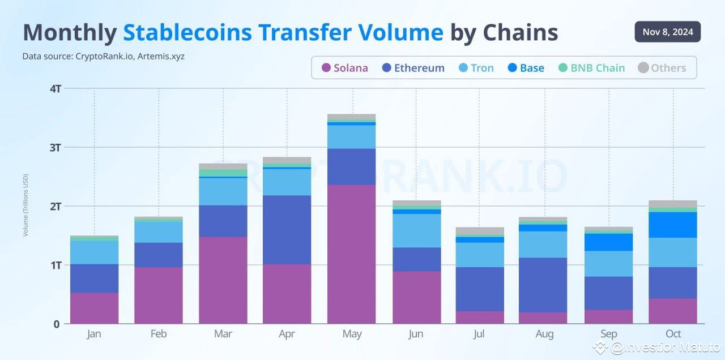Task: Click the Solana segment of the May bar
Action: point(352,254)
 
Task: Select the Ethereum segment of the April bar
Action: point(287,229)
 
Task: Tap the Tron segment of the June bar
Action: point(416,230)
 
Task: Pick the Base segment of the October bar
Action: point(673,225)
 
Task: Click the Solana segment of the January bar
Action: point(95,308)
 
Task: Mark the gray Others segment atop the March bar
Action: point(223,166)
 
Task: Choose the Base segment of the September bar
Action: point(609,242)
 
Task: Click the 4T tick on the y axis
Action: point(55,89)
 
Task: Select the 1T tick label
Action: point(55,265)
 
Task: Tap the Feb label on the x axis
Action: point(159,334)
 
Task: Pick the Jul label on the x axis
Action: point(480,334)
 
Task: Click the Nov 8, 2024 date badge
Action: point(667,32)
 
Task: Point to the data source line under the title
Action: point(104,56)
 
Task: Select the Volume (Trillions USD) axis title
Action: point(26,205)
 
